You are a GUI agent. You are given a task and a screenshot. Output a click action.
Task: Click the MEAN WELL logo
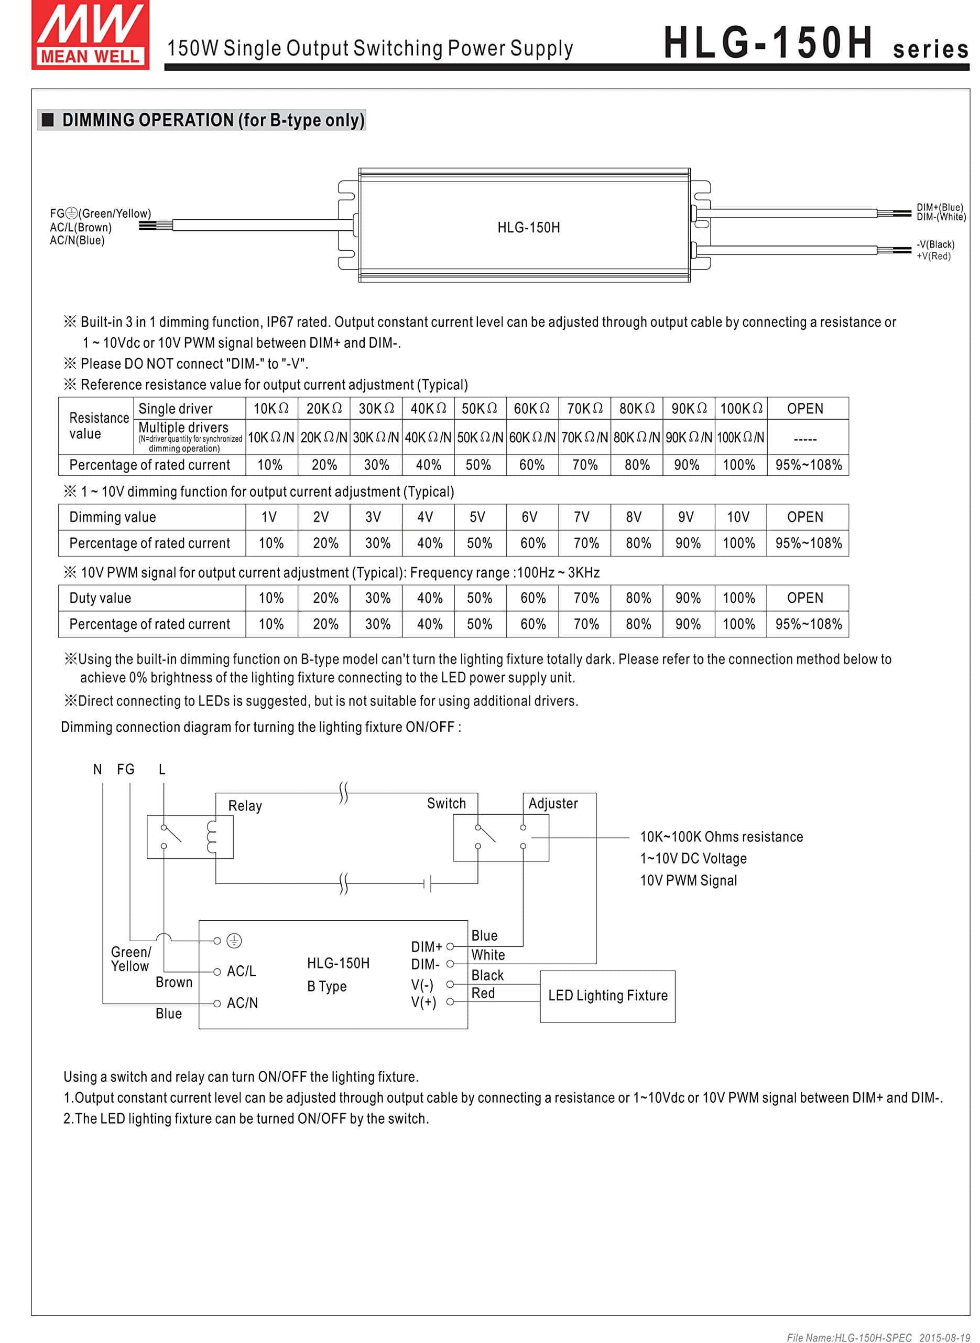point(90,35)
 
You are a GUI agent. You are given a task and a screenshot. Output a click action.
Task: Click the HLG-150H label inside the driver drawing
point(528,227)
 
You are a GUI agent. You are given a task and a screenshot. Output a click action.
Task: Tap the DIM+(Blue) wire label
point(939,207)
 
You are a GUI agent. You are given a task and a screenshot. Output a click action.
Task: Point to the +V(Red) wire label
point(933,256)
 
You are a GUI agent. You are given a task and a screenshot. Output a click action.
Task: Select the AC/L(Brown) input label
point(81,227)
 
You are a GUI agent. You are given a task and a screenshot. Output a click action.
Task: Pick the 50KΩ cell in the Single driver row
point(480,409)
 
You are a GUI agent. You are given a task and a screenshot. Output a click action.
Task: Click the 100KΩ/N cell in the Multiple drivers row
point(741,438)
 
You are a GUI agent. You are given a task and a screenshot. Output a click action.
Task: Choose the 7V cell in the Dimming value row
point(581,517)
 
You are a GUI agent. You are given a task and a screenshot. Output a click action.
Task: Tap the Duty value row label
point(100,598)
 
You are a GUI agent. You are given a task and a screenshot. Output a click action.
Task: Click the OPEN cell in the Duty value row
point(805,598)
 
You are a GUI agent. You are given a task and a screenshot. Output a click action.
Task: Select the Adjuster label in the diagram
point(553,803)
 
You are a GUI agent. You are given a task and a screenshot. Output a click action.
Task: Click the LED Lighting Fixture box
point(607,996)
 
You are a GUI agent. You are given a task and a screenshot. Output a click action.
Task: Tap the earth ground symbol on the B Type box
point(234,941)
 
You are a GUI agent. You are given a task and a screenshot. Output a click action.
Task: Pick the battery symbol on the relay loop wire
point(428,884)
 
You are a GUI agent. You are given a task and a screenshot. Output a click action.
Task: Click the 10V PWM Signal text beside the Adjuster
point(688,880)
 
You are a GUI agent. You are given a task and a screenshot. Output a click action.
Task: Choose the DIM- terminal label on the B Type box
point(426,964)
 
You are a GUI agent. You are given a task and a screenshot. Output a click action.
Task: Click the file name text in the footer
point(849,1333)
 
